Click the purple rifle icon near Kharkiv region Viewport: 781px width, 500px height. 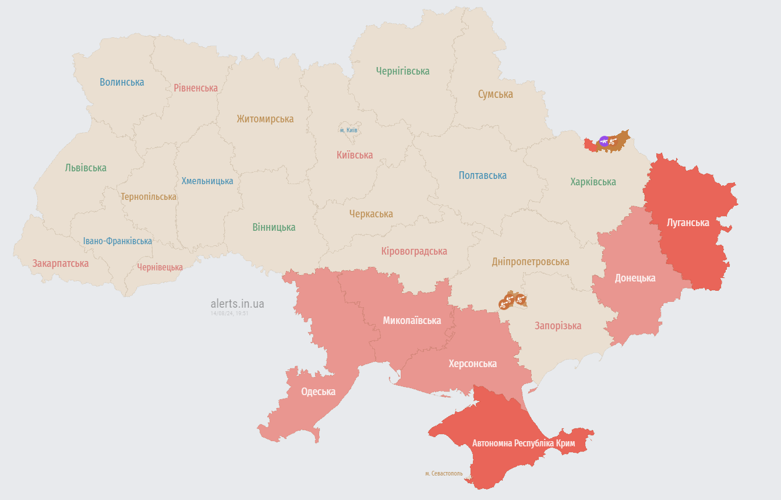pos(604,140)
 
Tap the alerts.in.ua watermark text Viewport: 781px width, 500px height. pos(237,304)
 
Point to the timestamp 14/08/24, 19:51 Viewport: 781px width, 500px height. pos(229,314)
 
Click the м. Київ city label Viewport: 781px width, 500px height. pos(348,130)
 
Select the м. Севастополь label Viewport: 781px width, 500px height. pos(444,473)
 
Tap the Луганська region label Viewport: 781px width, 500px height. pos(688,223)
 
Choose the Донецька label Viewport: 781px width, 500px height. pos(635,278)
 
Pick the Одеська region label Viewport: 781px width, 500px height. pos(318,392)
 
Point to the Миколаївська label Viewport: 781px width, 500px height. pos(412,321)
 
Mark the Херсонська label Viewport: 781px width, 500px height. pos(472,364)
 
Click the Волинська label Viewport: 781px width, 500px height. pos(122,82)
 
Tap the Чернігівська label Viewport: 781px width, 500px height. pos(402,71)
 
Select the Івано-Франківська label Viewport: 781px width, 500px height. pos(117,241)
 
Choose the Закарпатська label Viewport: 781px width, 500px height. pos(61,263)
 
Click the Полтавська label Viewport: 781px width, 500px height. pos(482,175)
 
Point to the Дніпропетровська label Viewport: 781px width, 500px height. pos(530,262)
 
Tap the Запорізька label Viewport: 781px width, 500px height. pos(558,326)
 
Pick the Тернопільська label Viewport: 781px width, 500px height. pos(149,197)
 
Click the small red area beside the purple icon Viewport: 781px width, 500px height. pos(591,145)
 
